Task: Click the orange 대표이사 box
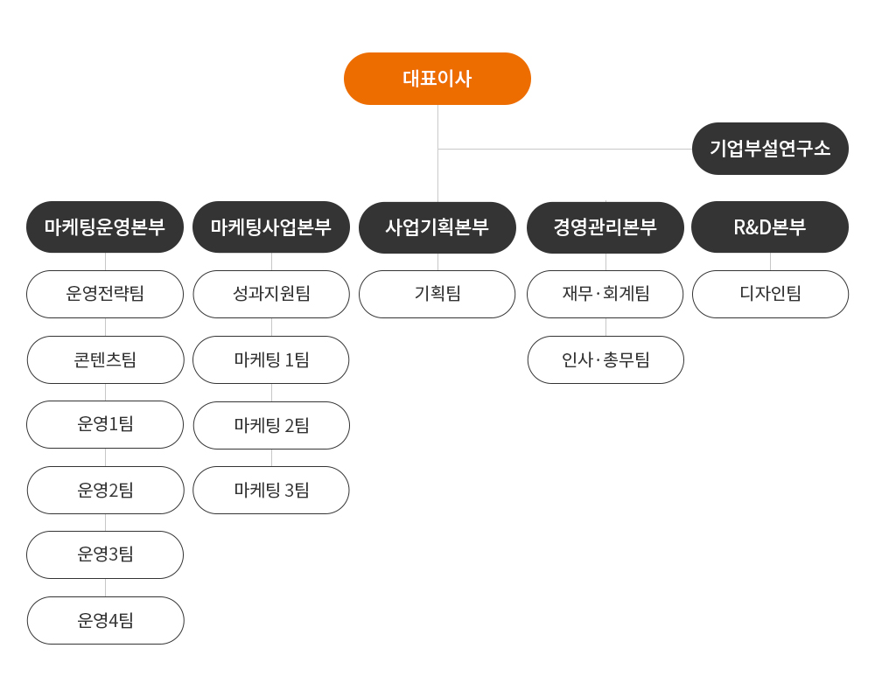coord(437,79)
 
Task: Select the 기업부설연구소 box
coord(770,149)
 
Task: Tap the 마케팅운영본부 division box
coord(105,227)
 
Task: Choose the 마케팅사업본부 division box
coord(271,227)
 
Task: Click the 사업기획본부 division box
coord(437,227)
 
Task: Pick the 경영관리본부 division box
coord(605,227)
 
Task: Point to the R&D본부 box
coord(770,227)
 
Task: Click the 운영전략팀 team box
coord(105,295)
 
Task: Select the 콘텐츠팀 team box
coord(106,359)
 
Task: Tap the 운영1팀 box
coord(105,424)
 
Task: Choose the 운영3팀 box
coord(105,554)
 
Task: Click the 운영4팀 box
coord(106,621)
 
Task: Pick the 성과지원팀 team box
coord(271,295)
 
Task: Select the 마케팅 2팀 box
coord(271,425)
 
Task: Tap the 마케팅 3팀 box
coord(271,490)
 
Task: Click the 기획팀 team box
coord(437,295)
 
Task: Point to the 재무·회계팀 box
coord(605,295)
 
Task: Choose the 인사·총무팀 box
coord(605,359)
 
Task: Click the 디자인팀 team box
coord(770,295)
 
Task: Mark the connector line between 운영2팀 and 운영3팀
coord(106,522)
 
